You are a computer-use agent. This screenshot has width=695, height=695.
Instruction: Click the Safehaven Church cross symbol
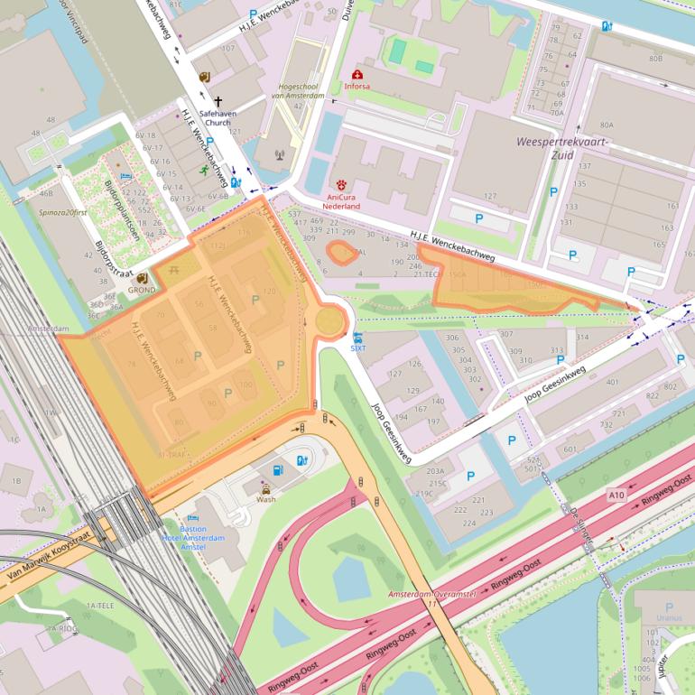218,102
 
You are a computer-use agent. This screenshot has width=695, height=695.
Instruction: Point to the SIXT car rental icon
358,337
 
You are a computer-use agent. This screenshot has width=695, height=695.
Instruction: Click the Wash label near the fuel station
266,498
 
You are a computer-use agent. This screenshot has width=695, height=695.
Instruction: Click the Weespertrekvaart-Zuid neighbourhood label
563,148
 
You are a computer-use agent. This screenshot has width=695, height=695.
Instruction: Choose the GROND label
141,291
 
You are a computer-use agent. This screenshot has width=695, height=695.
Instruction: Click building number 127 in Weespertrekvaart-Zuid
490,196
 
